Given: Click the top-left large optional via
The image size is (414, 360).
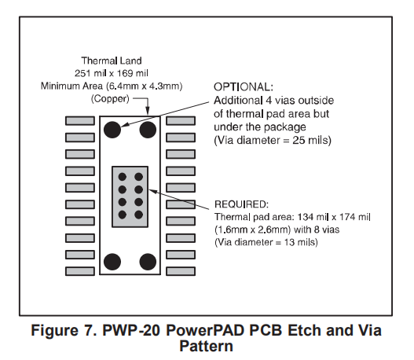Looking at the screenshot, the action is [112, 130].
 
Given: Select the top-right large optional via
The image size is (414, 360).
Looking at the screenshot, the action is [148, 130].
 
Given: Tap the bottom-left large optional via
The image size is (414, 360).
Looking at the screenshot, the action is [112, 262].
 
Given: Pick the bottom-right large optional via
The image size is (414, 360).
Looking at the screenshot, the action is [148, 262].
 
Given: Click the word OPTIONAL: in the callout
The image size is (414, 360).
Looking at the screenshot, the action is [244, 87].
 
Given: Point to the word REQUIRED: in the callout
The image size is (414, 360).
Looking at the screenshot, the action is [241, 204].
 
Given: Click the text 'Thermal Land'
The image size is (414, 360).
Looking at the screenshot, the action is [112, 61].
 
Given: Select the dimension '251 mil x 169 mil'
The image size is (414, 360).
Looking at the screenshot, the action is [112, 73].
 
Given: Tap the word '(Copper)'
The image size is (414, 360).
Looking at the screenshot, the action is [110, 99].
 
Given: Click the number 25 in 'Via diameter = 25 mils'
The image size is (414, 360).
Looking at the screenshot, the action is [299, 140].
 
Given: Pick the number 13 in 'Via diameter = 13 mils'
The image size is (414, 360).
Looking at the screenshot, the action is [290, 242].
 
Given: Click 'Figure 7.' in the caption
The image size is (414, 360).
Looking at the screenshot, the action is [64, 330].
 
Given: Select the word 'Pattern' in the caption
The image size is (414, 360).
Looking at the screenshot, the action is [206, 346].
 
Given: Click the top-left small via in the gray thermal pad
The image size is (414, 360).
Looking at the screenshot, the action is [123, 177].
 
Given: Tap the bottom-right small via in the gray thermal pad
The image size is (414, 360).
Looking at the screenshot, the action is [138, 215].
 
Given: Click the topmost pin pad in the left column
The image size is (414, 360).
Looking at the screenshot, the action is [80, 121].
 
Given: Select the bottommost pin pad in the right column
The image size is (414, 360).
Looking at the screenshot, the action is [181, 271].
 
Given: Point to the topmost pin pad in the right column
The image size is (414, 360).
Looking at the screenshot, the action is [181, 121].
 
